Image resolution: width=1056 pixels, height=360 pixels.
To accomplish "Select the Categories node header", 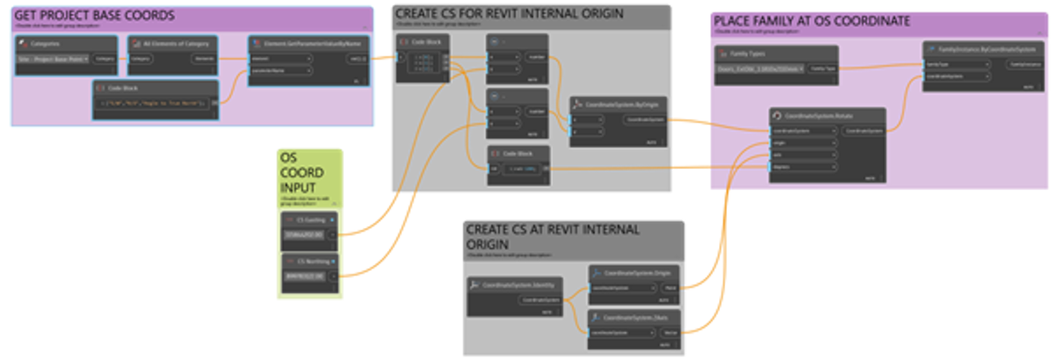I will pos(66,44).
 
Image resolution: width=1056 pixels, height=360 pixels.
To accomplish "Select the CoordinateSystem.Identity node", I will pos(519,285).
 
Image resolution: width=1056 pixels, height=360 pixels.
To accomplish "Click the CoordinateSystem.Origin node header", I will pos(634,273).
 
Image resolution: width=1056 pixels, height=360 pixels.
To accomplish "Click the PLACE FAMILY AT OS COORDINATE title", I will pos(811,21).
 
